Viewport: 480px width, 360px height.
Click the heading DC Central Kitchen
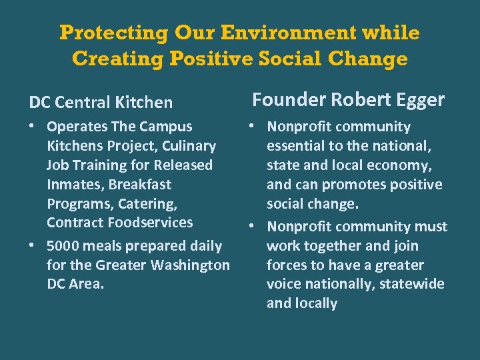[x=101, y=103]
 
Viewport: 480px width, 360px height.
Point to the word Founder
[x=287, y=100]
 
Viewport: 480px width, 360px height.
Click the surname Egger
[x=419, y=100]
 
